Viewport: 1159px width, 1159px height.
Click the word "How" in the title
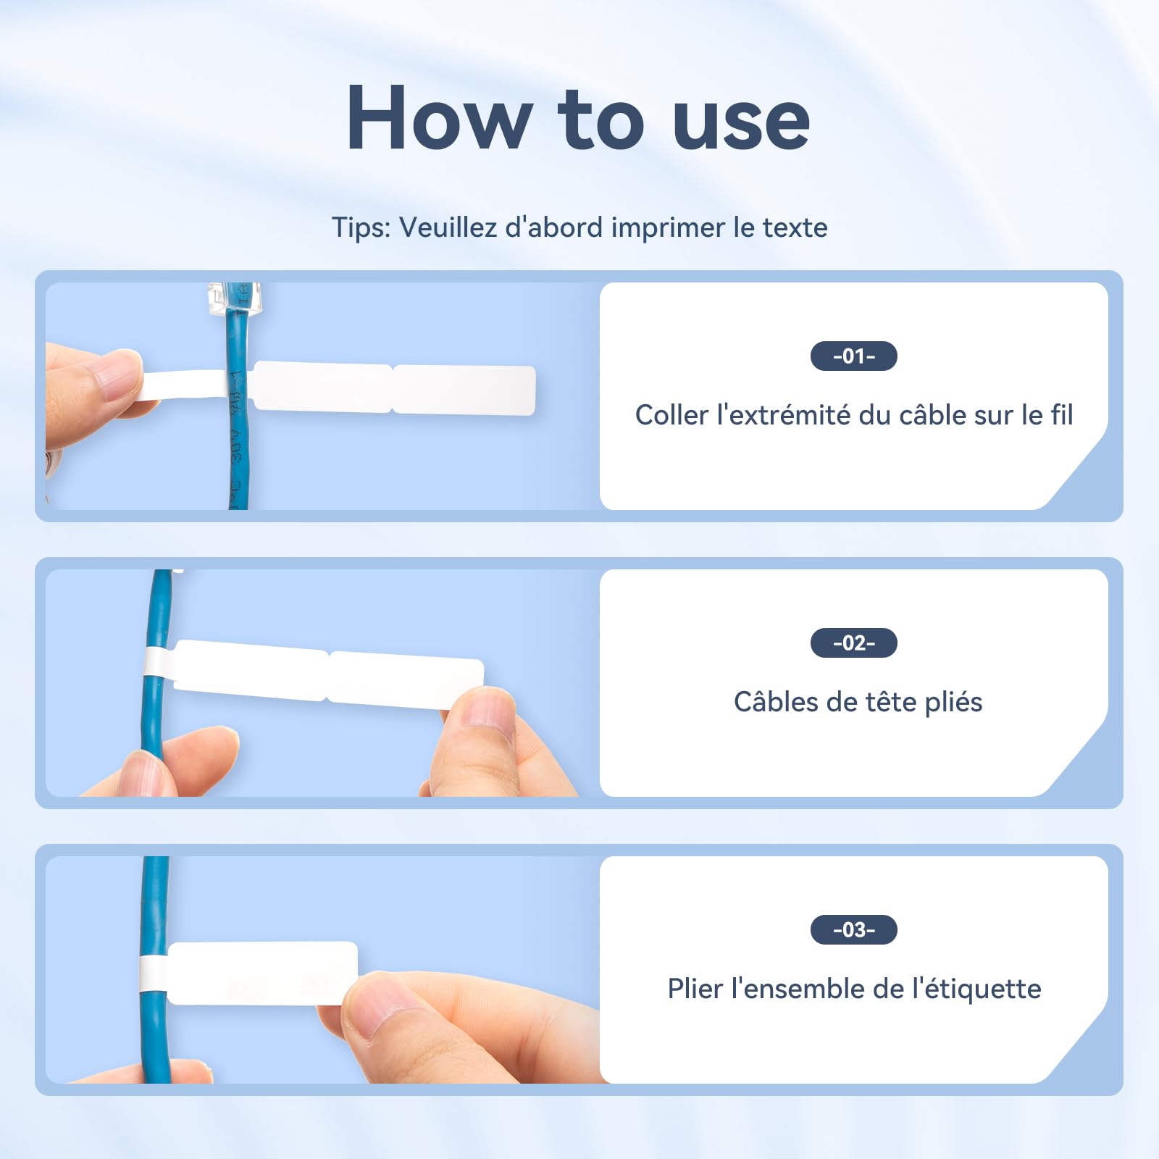(440, 118)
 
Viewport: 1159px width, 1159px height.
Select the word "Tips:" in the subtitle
(361, 227)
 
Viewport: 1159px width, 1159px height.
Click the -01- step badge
(853, 356)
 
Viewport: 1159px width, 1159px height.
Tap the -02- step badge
(853, 643)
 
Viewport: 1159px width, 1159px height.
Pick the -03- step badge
(853, 930)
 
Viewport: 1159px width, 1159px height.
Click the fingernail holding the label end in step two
(488, 708)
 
